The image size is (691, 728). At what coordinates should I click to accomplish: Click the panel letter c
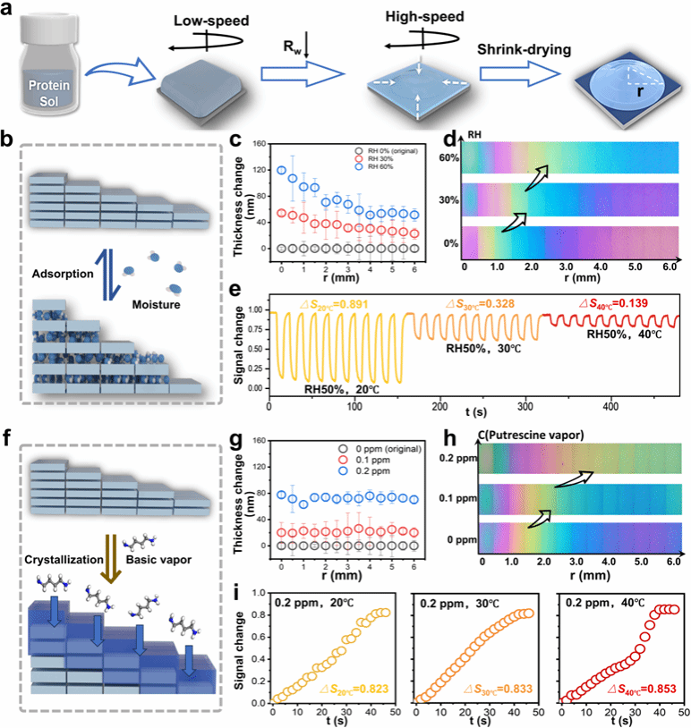(235, 140)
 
